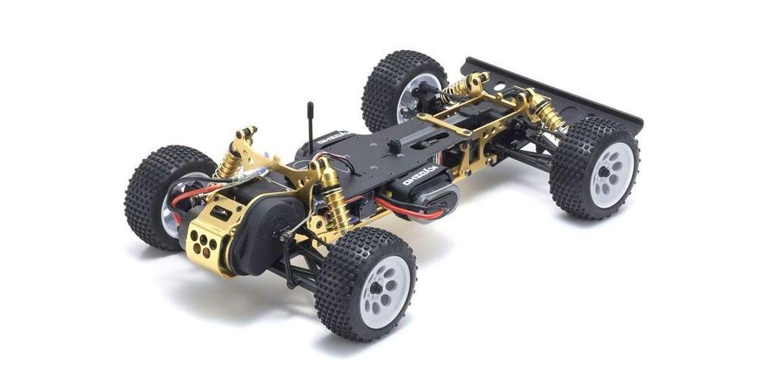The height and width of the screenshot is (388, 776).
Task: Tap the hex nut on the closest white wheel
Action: tap(374, 288)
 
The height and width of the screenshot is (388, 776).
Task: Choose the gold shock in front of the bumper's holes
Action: tap(547, 113)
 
